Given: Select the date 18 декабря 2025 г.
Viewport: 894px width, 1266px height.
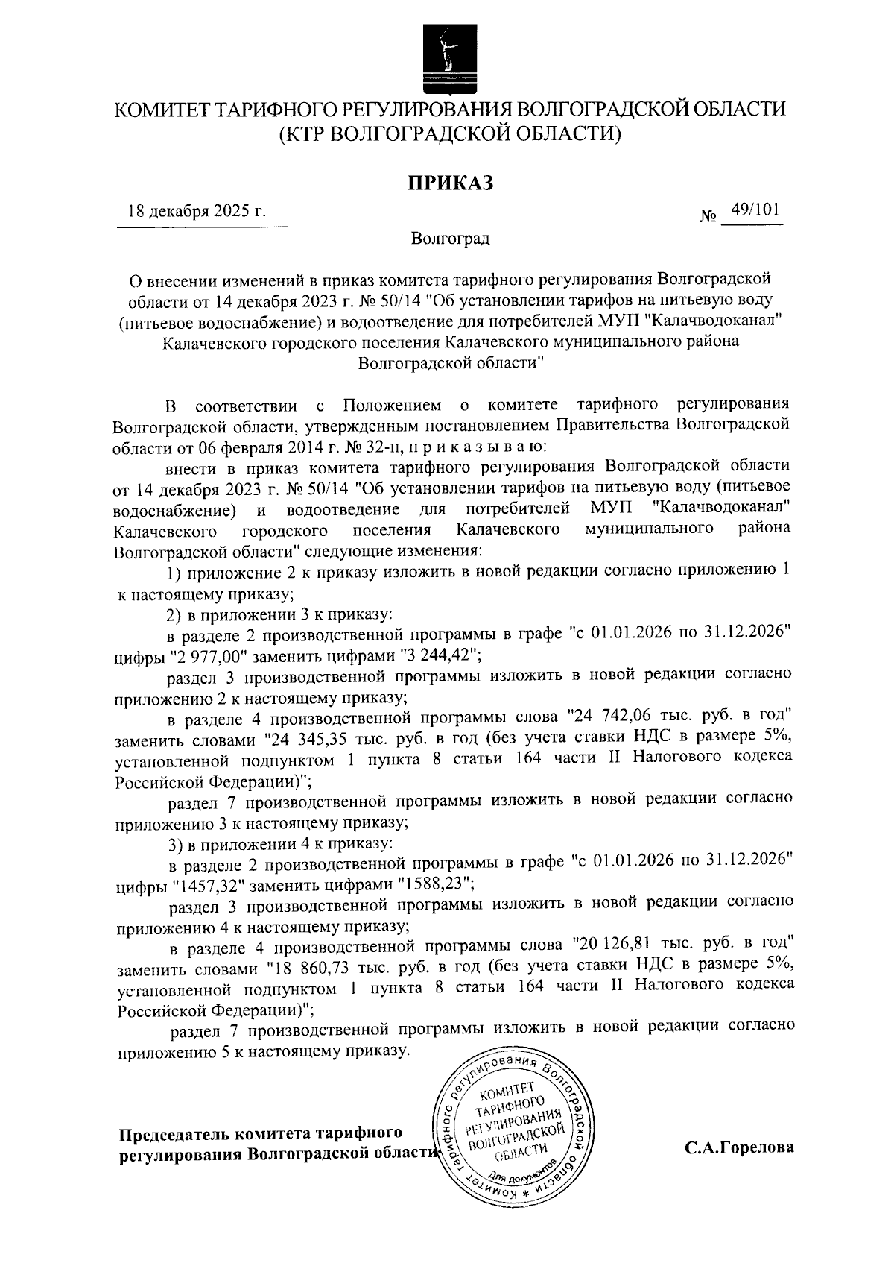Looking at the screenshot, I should pos(197,210).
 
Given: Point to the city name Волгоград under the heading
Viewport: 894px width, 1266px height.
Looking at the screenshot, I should pos(450,239).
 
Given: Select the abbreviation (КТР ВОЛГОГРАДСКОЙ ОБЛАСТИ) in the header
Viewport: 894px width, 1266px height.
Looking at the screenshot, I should pos(450,134).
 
